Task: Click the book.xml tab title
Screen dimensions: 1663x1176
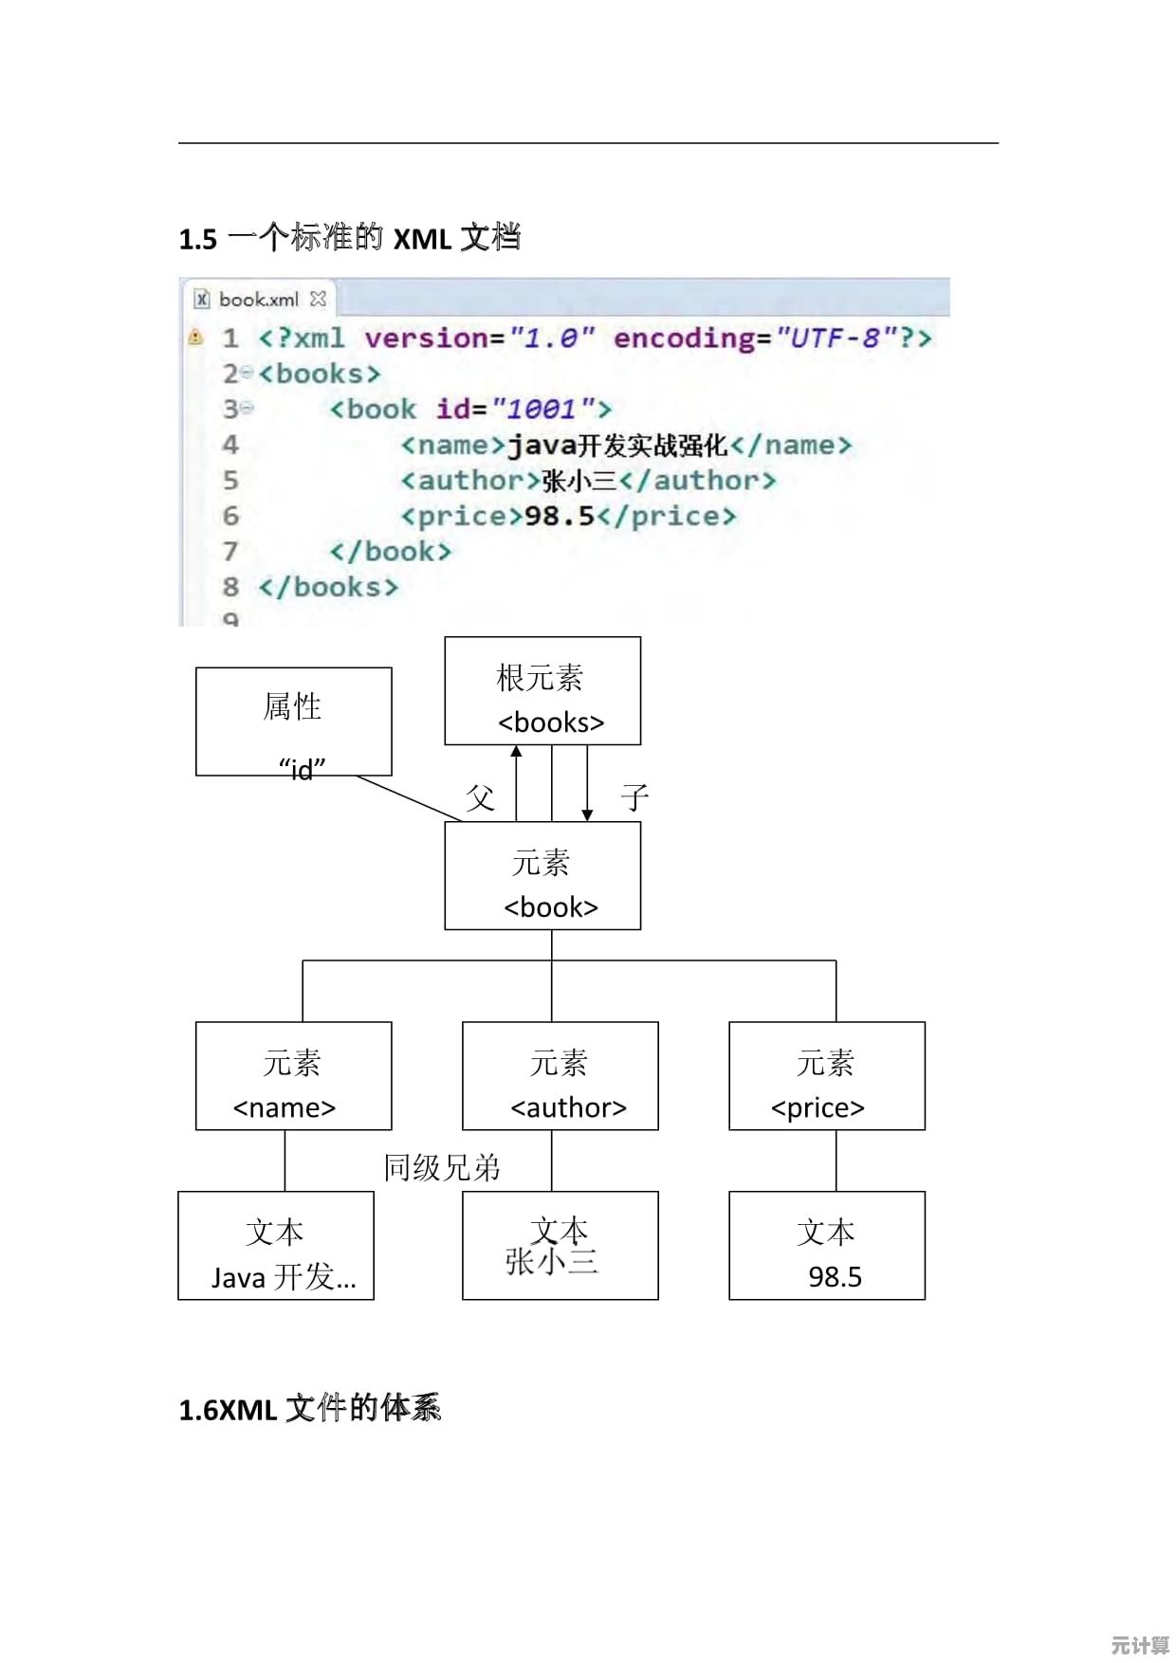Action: (x=258, y=300)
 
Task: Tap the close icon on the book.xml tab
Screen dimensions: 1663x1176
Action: (x=319, y=299)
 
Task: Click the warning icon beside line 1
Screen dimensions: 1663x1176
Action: (x=196, y=337)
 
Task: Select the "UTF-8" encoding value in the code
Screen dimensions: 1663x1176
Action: (x=836, y=338)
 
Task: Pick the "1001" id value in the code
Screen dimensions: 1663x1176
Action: (x=542, y=410)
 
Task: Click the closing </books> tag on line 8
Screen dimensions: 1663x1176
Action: (x=328, y=588)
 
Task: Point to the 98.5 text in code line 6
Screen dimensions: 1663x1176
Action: (x=559, y=517)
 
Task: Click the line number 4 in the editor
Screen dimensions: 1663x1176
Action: (x=230, y=445)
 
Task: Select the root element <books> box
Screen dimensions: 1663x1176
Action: (x=542, y=690)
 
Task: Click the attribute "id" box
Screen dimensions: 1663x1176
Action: (x=293, y=722)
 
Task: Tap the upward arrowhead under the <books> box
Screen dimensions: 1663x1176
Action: (x=516, y=752)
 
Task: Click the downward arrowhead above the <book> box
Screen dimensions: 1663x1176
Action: (x=587, y=814)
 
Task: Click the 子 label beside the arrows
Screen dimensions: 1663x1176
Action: (x=634, y=797)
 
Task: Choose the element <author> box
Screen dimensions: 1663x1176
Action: (x=560, y=1076)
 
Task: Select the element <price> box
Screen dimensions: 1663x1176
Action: (x=826, y=1076)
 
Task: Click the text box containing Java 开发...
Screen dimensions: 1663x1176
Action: (x=276, y=1246)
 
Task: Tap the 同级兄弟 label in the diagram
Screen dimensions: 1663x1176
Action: (x=442, y=1168)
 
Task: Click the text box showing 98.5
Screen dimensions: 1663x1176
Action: (x=826, y=1246)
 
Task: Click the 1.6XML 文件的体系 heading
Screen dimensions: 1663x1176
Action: (x=310, y=1409)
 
